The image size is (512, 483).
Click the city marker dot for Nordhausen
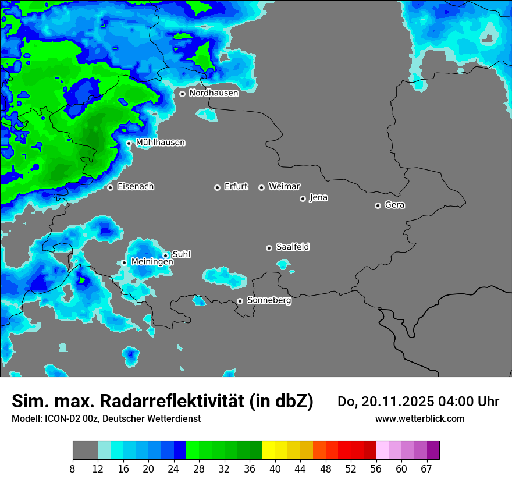[x=182, y=94]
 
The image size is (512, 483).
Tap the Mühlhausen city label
[x=160, y=143]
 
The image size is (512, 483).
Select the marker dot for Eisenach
[x=110, y=187]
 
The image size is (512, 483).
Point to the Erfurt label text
[x=236, y=187]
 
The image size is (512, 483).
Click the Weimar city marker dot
[x=261, y=187]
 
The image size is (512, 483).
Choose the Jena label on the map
[x=318, y=198]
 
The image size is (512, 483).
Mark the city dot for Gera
[x=378, y=205]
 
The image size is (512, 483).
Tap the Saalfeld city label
[x=292, y=247]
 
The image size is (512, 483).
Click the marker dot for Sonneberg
[x=240, y=301]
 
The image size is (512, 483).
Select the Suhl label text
[x=181, y=254]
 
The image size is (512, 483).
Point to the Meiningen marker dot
[x=124, y=263]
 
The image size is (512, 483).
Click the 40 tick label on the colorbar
[x=275, y=469]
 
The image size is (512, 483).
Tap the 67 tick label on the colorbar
[x=426, y=469]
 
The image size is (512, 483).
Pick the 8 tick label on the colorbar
[x=73, y=469]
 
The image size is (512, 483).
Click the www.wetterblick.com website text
[x=419, y=418]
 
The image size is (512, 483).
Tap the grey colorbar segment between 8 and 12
[x=85, y=450]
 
